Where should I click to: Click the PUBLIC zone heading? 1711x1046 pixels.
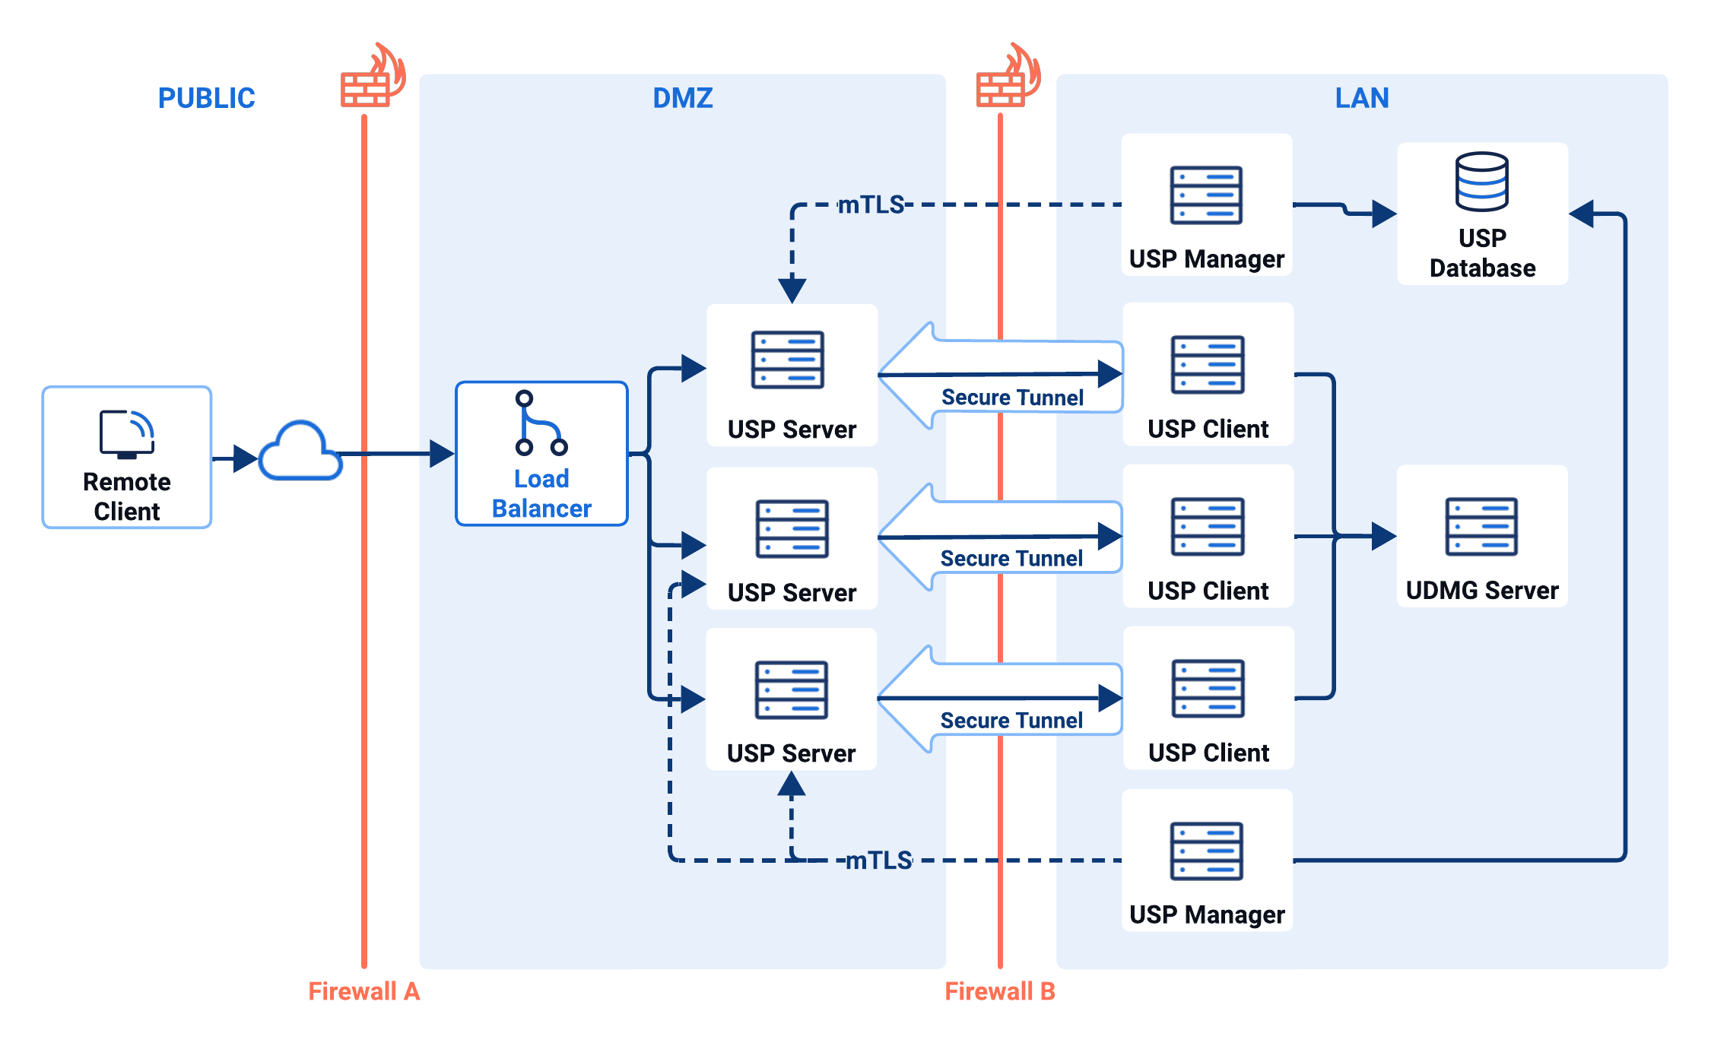click(x=206, y=98)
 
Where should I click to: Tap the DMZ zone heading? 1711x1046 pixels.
click(x=682, y=98)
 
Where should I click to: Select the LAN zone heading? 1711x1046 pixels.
click(x=1361, y=98)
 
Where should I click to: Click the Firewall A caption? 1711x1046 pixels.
click(x=363, y=991)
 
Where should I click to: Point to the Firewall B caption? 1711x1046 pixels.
click(x=999, y=991)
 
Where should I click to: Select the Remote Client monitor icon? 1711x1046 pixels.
click(x=127, y=434)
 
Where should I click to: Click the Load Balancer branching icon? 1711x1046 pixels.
click(x=540, y=423)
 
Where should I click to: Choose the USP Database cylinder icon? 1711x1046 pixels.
click(x=1481, y=182)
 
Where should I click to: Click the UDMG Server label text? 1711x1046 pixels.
click(x=1481, y=591)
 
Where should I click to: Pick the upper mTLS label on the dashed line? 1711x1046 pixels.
click(x=871, y=204)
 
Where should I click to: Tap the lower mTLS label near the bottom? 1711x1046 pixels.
click(x=878, y=861)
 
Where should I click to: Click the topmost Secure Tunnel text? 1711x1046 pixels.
click(x=1012, y=398)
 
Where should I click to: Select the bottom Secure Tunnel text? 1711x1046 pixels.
click(x=1011, y=721)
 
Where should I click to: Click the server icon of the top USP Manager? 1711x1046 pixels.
click(x=1206, y=195)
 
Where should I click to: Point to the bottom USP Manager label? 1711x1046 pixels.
click(x=1207, y=914)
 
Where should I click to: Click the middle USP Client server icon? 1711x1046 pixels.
click(x=1208, y=527)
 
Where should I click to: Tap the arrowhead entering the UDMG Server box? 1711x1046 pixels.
click(x=1383, y=536)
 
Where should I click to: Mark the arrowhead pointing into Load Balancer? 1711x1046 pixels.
click(x=441, y=454)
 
